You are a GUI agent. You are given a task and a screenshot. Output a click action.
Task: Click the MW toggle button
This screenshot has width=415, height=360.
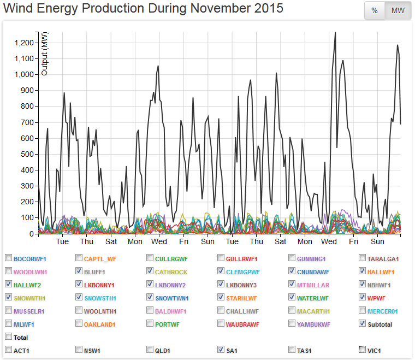click(398, 10)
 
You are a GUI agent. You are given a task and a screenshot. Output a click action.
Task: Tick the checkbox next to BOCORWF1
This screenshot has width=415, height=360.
click(8, 258)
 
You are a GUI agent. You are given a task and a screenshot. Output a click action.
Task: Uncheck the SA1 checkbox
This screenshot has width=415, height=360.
click(221, 350)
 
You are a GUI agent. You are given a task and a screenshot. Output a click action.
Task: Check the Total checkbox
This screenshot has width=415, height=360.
click(8, 337)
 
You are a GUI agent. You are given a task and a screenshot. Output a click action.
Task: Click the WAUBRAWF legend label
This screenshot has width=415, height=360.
click(242, 324)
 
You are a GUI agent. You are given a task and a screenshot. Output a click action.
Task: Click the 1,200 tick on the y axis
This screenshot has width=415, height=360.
click(25, 43)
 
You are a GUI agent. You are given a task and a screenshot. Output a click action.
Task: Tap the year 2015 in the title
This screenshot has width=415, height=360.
click(268, 8)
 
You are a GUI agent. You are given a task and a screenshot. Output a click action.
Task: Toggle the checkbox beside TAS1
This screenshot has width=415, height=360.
click(292, 350)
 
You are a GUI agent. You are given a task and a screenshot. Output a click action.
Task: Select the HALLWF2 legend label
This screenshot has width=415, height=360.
click(27, 285)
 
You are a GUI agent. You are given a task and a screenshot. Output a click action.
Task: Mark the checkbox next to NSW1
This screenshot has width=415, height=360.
click(79, 350)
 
